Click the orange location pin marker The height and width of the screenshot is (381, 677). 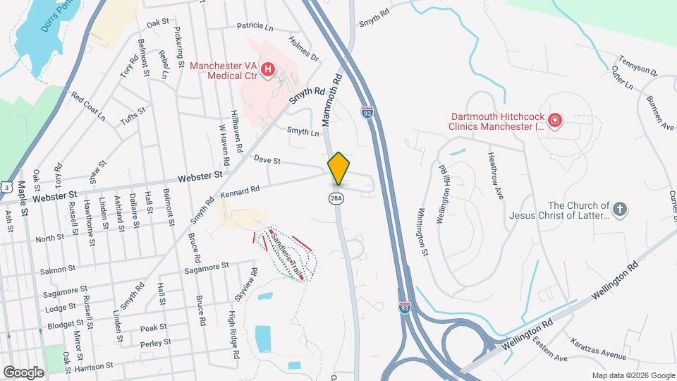pyautogui.click(x=338, y=168)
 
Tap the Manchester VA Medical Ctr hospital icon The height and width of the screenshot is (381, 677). pyautogui.click(x=268, y=69)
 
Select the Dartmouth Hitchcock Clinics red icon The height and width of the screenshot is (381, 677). pyautogui.click(x=555, y=121)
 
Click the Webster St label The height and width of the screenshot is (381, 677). pyautogui.click(x=200, y=177)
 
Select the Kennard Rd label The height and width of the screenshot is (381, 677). pyautogui.click(x=240, y=189)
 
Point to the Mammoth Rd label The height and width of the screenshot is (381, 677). pyautogui.click(x=332, y=98)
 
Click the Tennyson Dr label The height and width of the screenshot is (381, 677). pyautogui.click(x=638, y=64)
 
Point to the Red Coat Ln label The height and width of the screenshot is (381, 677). pyautogui.click(x=87, y=107)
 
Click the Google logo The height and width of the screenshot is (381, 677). pyautogui.click(x=23, y=372)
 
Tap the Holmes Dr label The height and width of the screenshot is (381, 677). pyautogui.click(x=305, y=49)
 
